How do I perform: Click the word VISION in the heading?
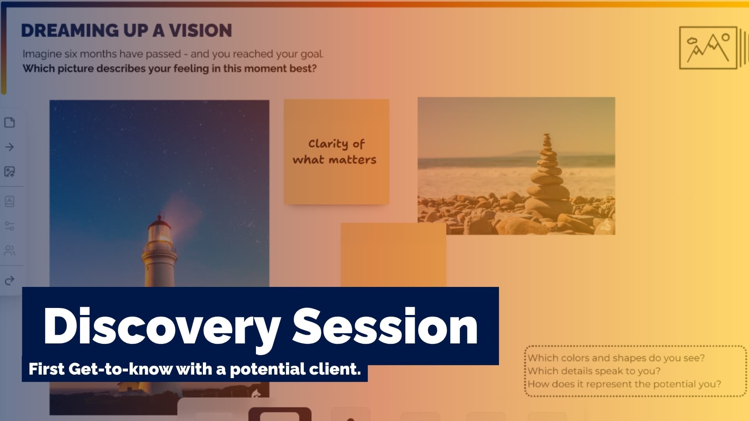pos(200,30)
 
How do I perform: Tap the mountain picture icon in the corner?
pos(708,48)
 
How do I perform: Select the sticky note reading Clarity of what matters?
pos(336,152)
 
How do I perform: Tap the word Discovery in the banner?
pos(162,326)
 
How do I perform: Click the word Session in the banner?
pos(385,326)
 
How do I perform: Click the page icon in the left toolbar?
pos(10,122)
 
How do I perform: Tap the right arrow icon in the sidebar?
pos(10,147)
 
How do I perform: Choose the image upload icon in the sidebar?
pos(10,172)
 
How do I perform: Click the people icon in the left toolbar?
pos(10,250)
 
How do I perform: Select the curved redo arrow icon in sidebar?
pos(10,280)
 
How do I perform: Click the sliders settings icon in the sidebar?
pos(10,226)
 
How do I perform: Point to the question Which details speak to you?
pos(594,371)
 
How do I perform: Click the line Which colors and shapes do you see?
pos(616,358)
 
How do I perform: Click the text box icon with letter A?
pos(10,201)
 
